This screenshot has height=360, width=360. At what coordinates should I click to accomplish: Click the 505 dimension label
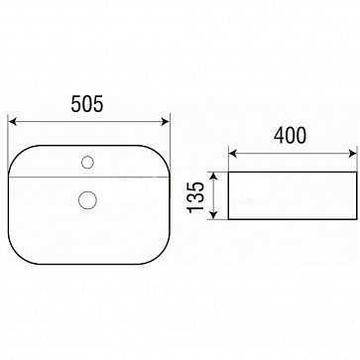point(87,103)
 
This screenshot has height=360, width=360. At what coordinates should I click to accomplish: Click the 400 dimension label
point(290,136)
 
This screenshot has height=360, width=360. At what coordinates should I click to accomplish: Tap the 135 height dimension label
point(196,197)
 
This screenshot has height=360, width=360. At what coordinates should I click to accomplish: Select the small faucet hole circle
point(87,163)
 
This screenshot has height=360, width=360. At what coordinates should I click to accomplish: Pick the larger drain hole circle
point(87,200)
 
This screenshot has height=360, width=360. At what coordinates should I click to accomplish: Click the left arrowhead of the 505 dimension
point(13,122)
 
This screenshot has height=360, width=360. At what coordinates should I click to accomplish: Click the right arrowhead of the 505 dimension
point(165,122)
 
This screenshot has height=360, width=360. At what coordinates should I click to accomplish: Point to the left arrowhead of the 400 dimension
point(233,154)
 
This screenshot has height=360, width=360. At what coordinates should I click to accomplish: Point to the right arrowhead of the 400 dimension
point(352,154)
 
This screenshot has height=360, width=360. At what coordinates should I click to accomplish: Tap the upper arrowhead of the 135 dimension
point(214,177)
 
